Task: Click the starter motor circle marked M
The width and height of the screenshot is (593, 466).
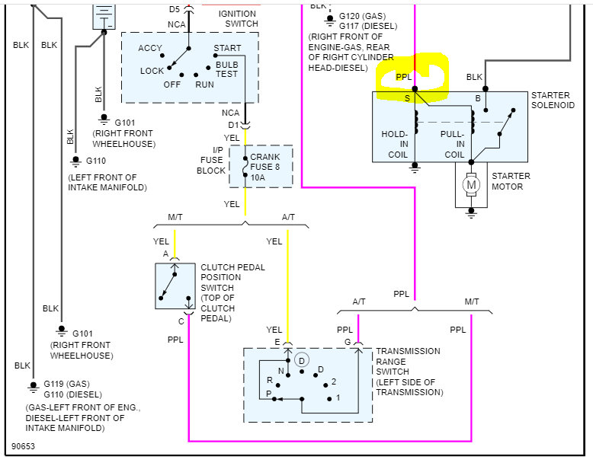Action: pos(471,184)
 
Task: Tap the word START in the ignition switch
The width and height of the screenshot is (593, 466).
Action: pos(227,49)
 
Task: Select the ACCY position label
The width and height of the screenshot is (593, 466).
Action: pos(150,49)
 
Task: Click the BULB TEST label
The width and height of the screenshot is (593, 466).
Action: pos(227,69)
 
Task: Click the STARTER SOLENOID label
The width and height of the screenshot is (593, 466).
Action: pos(553,100)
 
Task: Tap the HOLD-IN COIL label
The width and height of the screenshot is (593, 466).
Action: pos(395,144)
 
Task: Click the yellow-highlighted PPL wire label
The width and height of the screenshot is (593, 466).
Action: pos(403,77)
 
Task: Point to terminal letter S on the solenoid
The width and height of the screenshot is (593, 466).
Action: pos(407,98)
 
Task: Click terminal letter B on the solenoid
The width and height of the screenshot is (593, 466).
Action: pos(478,98)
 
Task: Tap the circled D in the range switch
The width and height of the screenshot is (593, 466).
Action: pos(301,359)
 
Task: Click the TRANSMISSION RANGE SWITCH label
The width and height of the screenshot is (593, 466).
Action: pos(408,372)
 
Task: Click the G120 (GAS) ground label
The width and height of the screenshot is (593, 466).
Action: pos(362,16)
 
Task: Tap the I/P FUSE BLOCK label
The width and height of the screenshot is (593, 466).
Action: pos(211,161)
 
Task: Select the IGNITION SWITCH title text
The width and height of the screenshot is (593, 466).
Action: pos(238,18)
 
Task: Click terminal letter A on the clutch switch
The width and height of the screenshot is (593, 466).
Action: pos(166,254)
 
